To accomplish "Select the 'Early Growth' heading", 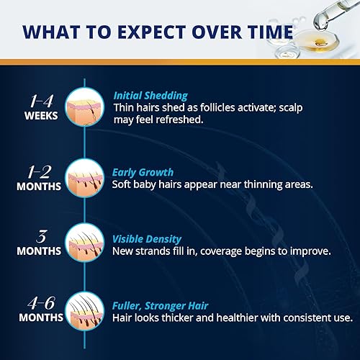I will pyautogui.click(x=143, y=172).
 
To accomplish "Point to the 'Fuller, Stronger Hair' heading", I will pyautogui.click(x=162, y=305).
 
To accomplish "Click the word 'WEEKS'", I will pyautogui.click(x=41, y=115).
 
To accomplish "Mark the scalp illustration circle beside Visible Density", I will pyautogui.click(x=85, y=246).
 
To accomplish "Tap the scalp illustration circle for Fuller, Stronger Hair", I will pyautogui.click(x=85, y=312).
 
